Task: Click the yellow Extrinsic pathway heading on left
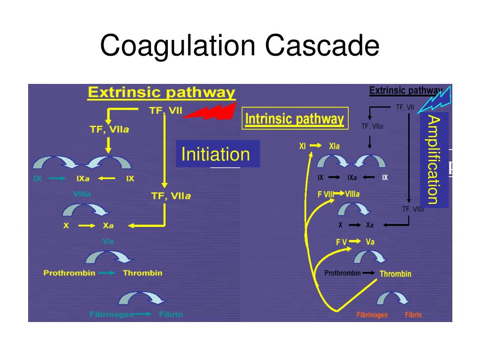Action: pos(161,92)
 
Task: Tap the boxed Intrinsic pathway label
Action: pos(295,120)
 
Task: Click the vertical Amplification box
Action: pos(434,159)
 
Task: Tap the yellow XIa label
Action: pos(334,146)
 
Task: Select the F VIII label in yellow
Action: pos(326,194)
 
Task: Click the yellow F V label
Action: pos(341,242)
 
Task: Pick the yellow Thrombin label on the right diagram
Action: pos(395,274)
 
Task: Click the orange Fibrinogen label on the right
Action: pos(372,315)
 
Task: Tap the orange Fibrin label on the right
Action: pos(413,315)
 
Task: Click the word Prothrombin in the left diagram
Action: pos(69,273)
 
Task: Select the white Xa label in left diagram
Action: pos(108,225)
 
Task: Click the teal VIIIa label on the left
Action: pos(82,194)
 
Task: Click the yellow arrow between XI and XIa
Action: pos(315,146)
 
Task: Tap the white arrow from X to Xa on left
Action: pos(87,226)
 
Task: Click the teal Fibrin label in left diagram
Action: pos(171,315)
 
